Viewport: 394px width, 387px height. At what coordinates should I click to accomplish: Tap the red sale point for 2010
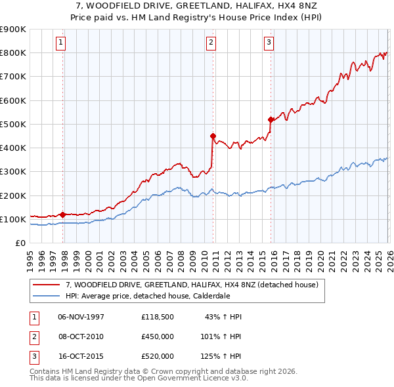pyautogui.click(x=213, y=136)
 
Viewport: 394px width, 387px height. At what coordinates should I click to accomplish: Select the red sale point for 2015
pyautogui.click(x=271, y=119)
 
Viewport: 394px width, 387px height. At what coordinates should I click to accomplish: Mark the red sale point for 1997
pyautogui.click(x=62, y=214)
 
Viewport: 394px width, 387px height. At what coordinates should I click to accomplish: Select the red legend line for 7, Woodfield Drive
pyautogui.click(x=47, y=285)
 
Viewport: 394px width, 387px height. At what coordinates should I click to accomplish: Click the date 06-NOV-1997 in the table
pyautogui.click(x=81, y=316)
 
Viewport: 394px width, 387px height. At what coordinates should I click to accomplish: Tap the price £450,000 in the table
pyautogui.click(x=158, y=336)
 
